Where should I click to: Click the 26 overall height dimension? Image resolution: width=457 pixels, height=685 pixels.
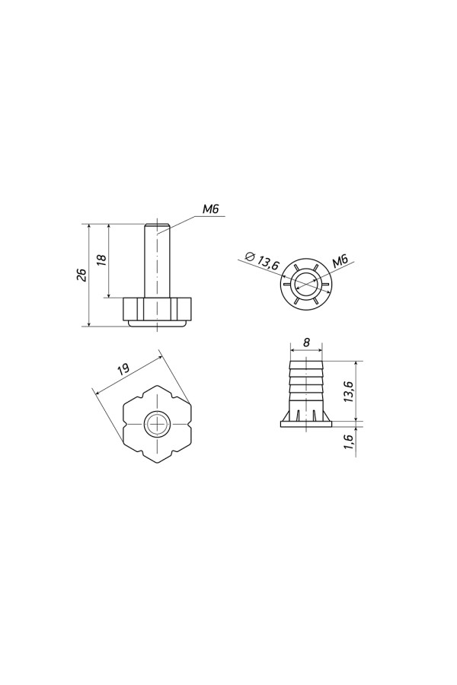pyautogui.click(x=81, y=275)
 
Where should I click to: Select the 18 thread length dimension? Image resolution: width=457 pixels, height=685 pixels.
pyautogui.click(x=101, y=258)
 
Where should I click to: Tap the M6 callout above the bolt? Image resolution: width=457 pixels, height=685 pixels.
pyautogui.click(x=210, y=210)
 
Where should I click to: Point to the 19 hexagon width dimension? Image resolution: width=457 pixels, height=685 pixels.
pyautogui.click(x=123, y=368)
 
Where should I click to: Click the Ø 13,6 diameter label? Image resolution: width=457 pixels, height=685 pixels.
pyautogui.click(x=262, y=261)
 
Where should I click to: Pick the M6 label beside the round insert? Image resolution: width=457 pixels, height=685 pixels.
pyautogui.click(x=340, y=262)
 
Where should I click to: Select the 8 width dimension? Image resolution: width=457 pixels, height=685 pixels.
pyautogui.click(x=306, y=342)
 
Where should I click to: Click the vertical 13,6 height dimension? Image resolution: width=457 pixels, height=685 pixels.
pyautogui.click(x=349, y=390)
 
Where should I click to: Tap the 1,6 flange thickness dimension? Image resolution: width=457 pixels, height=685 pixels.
pyautogui.click(x=349, y=442)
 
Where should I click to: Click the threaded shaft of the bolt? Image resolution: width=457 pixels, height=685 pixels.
pyautogui.click(x=157, y=261)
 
